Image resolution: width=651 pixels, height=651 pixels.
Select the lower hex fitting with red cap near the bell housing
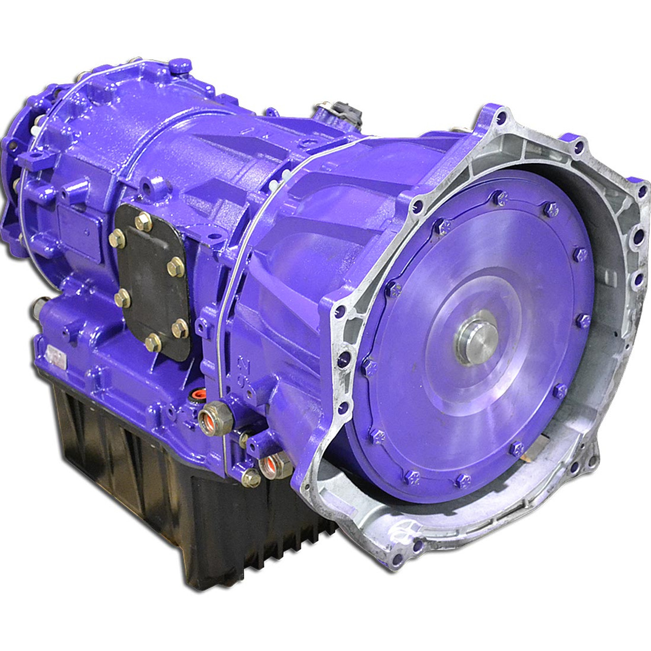click(270, 464)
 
